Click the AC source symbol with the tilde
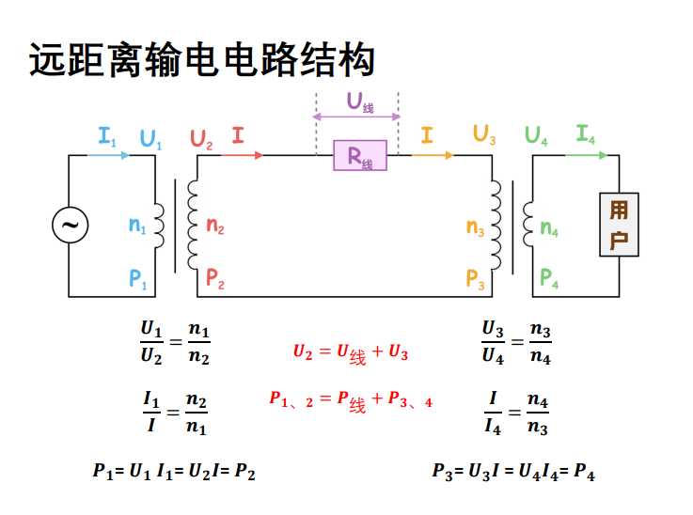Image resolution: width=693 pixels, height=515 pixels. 70,226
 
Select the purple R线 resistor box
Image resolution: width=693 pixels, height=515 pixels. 360,156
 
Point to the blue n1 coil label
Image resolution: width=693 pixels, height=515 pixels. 137,226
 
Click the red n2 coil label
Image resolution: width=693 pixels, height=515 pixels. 215,226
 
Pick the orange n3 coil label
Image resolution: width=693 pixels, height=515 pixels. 476,226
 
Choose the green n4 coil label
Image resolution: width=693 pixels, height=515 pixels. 550,227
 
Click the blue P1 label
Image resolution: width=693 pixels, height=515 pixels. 138,278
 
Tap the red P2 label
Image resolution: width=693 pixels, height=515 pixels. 215,278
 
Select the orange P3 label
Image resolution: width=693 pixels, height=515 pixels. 475,278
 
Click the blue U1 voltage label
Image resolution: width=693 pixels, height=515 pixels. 150,139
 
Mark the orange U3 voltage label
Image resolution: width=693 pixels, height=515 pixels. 484,134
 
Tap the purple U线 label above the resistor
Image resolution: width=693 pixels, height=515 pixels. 359,102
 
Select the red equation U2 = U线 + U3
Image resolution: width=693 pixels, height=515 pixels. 350,353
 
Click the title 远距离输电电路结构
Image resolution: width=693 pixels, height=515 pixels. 202,60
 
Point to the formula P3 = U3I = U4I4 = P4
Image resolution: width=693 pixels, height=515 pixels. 513,473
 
